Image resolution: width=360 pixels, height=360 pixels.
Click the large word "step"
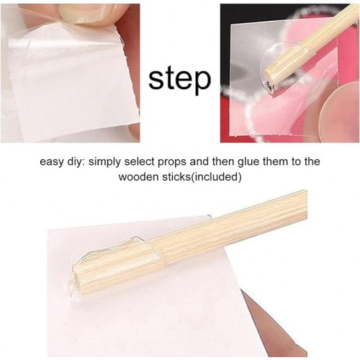click(x=180, y=79)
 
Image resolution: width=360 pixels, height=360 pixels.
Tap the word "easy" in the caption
click(x=50, y=162)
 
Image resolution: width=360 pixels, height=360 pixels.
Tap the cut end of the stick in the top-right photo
click(x=270, y=85)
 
